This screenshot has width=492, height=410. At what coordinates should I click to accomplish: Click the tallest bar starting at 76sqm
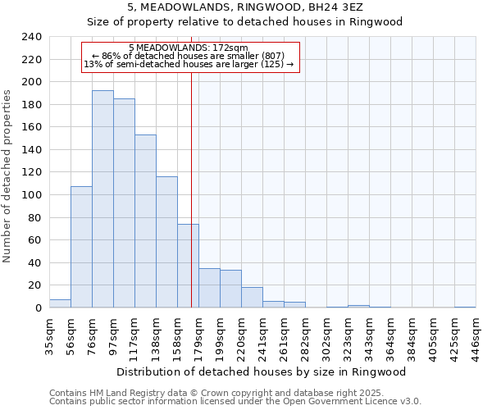(x=102, y=199)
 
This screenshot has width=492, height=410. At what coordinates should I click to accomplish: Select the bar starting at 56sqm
(x=81, y=247)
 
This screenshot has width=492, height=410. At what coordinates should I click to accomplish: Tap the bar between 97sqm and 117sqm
(x=124, y=203)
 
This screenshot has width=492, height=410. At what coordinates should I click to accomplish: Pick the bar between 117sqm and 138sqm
(x=145, y=221)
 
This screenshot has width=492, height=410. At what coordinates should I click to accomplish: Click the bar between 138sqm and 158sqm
(x=166, y=242)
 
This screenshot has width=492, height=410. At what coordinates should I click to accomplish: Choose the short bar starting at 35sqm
(x=60, y=303)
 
